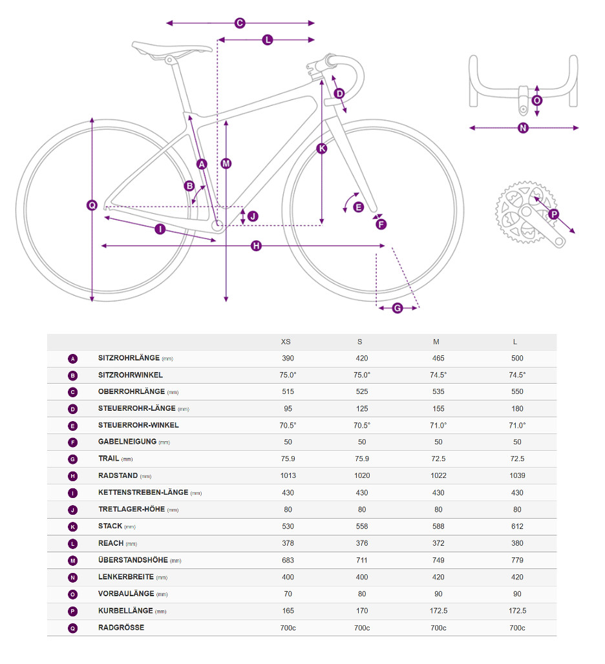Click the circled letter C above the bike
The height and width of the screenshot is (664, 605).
[x=239, y=23]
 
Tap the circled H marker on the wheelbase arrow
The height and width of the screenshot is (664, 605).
[x=256, y=246]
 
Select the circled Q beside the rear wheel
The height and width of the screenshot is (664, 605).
[x=92, y=205]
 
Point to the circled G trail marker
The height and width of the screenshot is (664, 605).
[x=398, y=308]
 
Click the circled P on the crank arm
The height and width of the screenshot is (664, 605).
[x=553, y=214]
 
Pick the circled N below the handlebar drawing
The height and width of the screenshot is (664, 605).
[x=524, y=128]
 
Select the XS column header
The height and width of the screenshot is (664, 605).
[x=286, y=342]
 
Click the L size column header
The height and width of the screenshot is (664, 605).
[x=515, y=342]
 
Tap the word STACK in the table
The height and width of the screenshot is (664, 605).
[x=110, y=526]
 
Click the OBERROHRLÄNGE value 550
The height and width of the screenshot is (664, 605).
[x=517, y=391]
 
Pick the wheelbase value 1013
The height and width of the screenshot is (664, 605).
[x=288, y=475]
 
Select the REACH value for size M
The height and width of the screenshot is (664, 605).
[x=438, y=543]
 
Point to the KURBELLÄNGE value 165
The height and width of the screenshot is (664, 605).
[x=288, y=610]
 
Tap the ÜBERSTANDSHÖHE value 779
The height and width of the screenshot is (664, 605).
[x=517, y=560]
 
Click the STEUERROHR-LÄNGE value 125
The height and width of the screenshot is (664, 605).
[x=362, y=408]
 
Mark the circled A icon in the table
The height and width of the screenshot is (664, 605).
[x=72, y=358]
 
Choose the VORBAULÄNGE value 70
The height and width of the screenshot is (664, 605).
[x=288, y=594]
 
